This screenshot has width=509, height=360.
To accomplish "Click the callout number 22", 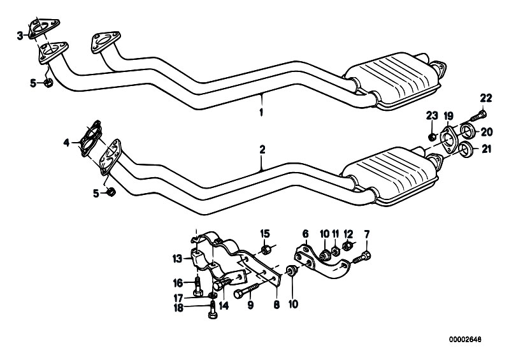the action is (x=486, y=98).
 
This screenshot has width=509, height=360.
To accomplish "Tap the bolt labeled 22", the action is (x=478, y=116).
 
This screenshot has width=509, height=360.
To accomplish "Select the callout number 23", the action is (x=432, y=115).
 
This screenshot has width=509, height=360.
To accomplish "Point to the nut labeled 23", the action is (x=432, y=138).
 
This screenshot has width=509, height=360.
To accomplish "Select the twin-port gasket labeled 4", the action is (x=90, y=139).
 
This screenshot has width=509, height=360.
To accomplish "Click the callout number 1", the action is (x=261, y=112).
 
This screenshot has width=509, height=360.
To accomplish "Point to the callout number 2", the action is (x=262, y=150).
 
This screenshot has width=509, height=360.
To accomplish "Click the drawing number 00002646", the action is (x=465, y=340).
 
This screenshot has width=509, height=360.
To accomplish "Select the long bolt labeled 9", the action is (x=247, y=290).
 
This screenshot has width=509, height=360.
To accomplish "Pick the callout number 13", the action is (x=178, y=259).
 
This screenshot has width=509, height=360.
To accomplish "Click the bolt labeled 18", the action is (x=213, y=310).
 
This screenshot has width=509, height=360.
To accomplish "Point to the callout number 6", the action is (x=305, y=234).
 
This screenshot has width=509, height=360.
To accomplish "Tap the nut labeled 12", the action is (x=347, y=247).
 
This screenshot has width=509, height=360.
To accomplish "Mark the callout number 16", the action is (x=178, y=284).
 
